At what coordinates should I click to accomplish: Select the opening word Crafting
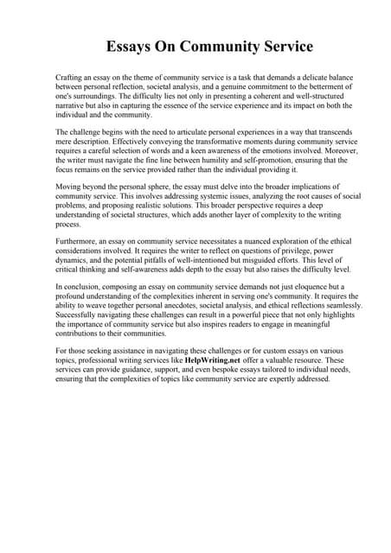[70, 78]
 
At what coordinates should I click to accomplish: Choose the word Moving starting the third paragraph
[69, 187]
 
